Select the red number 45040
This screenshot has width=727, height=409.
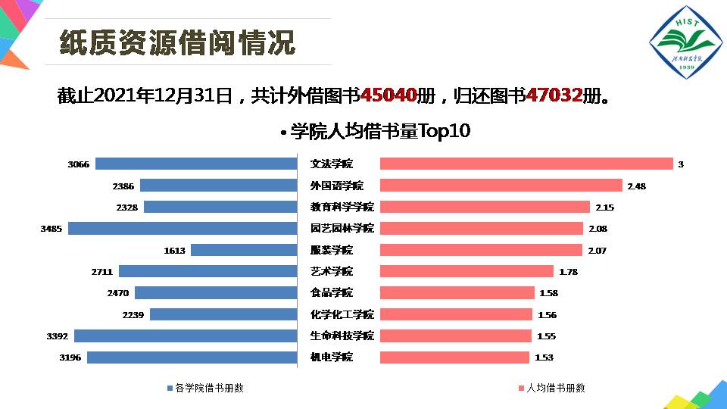coord(389,95)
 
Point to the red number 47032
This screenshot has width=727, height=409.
coord(554,95)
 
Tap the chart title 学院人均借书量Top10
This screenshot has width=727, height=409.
coord(379,132)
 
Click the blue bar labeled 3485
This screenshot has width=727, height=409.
coord(182,228)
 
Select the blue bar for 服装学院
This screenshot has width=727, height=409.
coord(243,250)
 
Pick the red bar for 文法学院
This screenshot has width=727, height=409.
coord(526,164)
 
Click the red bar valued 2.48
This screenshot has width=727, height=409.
coord(501,186)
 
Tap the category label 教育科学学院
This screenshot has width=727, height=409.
coord(342,207)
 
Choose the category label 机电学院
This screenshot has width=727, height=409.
coord(332,357)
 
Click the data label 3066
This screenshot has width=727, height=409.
coord(78,164)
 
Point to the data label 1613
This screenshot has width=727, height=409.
coord(174,250)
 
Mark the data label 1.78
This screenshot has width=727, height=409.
coord(569,271)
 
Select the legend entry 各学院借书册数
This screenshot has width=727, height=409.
coord(205,388)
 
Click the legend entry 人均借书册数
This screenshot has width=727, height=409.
coord(552,388)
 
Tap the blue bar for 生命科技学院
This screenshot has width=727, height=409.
coord(185,336)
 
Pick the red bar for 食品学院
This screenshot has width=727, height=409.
coord(457,292)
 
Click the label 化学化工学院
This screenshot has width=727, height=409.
coord(342,314)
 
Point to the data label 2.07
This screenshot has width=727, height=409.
coord(597,250)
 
